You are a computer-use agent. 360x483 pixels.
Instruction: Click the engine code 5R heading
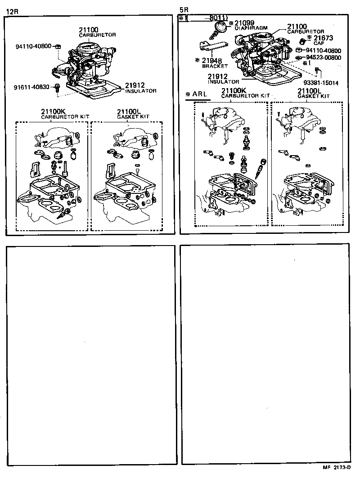[x=184, y=9]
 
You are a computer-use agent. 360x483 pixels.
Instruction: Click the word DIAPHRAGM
[x=251, y=28]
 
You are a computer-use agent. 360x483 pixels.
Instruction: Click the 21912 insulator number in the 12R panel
[x=136, y=85]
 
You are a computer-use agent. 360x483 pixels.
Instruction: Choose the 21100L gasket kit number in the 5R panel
[x=310, y=91]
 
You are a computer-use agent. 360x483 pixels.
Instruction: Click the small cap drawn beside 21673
[x=302, y=41]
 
